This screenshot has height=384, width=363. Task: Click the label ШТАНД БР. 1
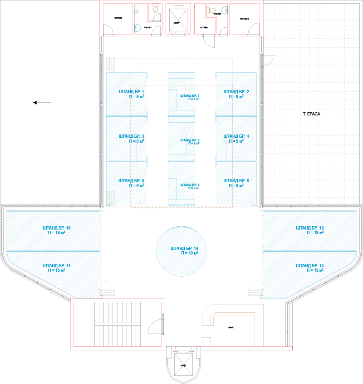coord(131,92)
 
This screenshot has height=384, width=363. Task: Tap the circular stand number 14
coord(184,250)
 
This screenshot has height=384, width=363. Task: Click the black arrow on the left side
coord(42,103)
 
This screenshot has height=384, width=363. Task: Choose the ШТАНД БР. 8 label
coord(190,140)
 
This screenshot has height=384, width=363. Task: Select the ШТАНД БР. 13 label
coord(309,265)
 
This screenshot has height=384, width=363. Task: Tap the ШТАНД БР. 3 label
coord(131,136)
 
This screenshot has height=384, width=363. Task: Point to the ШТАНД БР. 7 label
coord(190,95)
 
